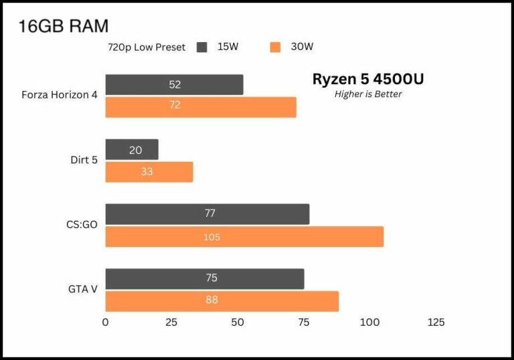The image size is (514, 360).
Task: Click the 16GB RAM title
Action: click(64, 26)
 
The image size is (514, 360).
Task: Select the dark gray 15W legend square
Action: click(201, 47)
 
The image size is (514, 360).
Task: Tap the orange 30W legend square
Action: click(274, 47)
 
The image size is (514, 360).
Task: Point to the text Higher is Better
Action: click(368, 94)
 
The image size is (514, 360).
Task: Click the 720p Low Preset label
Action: click(147, 48)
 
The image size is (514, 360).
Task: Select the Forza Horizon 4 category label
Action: click(60, 94)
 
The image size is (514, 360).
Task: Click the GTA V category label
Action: click(83, 289)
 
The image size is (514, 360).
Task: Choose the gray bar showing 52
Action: click(174, 84)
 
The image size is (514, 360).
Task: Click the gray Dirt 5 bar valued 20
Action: click(132, 150)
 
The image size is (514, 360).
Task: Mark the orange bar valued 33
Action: click(149, 172)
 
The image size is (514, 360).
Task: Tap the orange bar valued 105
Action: click(244, 237)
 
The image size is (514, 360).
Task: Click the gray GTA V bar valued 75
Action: click(205, 278)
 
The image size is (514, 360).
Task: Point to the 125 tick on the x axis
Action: click(436, 323)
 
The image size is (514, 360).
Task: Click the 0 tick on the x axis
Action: click(105, 323)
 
